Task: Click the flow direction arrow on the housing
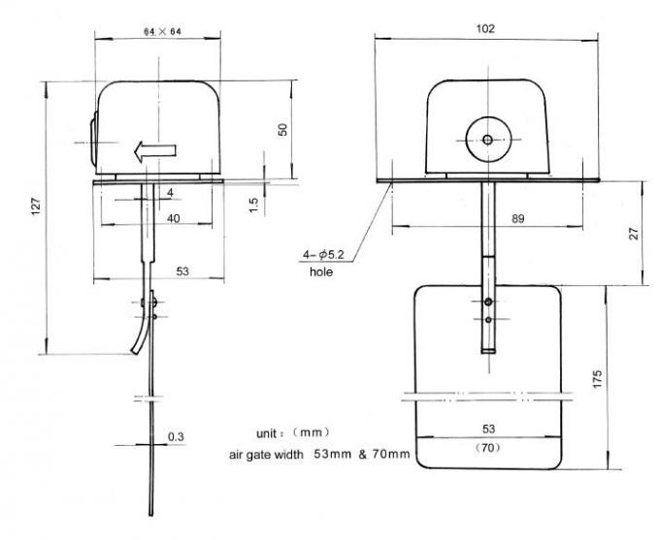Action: coord(154,150)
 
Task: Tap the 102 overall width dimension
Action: coord(486,29)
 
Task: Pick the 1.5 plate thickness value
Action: coord(252,206)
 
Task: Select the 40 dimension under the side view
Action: coord(172,219)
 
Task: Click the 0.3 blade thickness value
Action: coord(176,437)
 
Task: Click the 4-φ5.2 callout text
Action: coord(324,256)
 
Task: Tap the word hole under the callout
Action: coord(321,272)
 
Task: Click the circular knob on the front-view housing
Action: coord(487,139)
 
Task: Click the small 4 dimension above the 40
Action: coord(170,193)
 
